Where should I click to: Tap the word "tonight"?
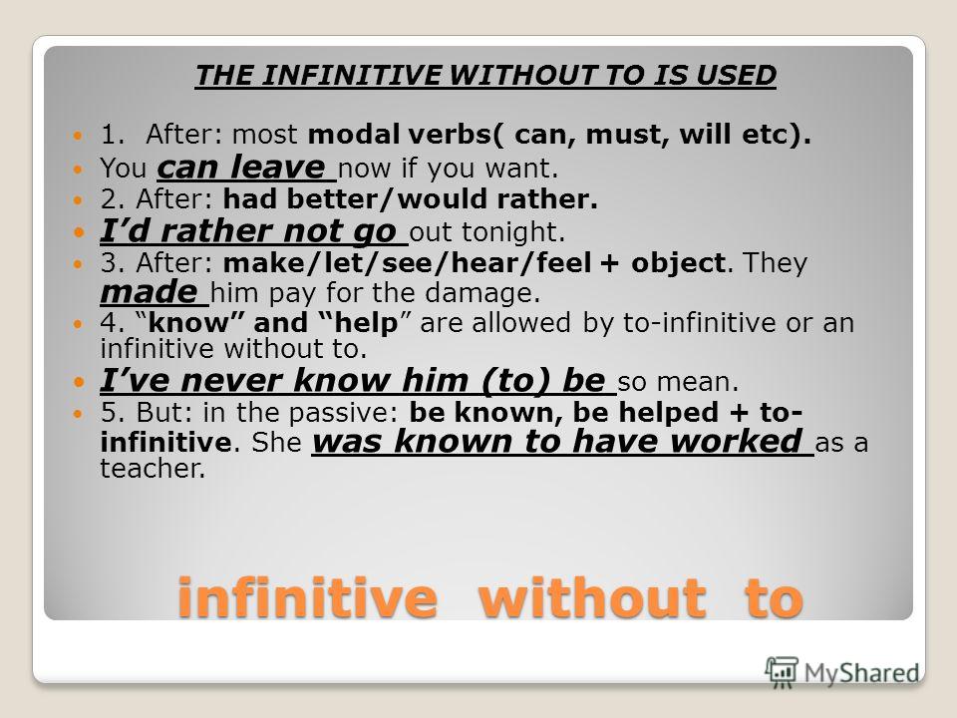[517, 233]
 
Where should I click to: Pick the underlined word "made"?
[149, 292]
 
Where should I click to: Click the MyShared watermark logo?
[842, 671]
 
